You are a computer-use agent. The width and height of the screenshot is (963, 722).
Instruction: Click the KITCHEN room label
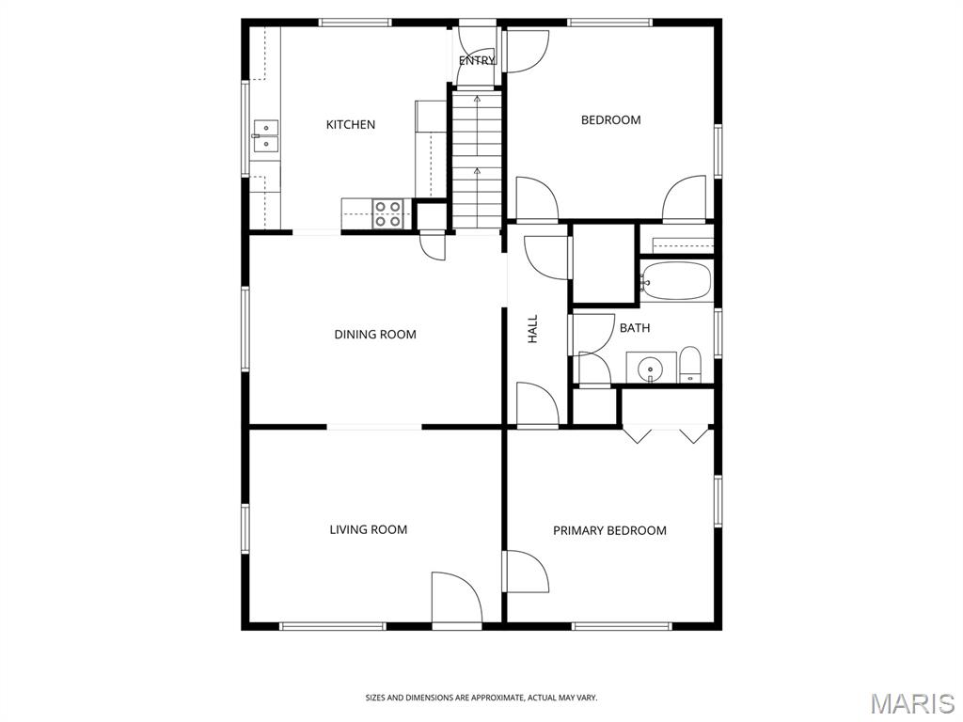pos(350,125)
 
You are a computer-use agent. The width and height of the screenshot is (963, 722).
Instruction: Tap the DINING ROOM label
pos(375,335)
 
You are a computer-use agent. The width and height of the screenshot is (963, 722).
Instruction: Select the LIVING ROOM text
pos(369,530)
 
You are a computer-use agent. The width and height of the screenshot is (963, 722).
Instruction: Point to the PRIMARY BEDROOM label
pos(609,530)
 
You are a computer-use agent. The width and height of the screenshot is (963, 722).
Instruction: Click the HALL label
pos(532,329)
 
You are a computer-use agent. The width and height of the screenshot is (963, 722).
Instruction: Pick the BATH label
pos(635,328)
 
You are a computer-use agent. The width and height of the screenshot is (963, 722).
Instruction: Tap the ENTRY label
pos(477,61)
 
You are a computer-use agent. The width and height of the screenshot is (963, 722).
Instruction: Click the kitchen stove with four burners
pos(387,213)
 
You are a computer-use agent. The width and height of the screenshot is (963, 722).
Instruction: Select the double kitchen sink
pos(266,135)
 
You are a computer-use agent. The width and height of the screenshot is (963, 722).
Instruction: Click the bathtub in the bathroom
pos(676,280)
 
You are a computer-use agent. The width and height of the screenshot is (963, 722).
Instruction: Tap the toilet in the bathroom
pos(690,366)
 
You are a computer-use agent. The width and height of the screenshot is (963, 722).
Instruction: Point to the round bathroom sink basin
pos(650,369)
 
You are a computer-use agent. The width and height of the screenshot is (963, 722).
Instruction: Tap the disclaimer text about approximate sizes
pos(481,698)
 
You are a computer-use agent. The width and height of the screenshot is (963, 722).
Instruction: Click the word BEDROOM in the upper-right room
pos(611,119)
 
